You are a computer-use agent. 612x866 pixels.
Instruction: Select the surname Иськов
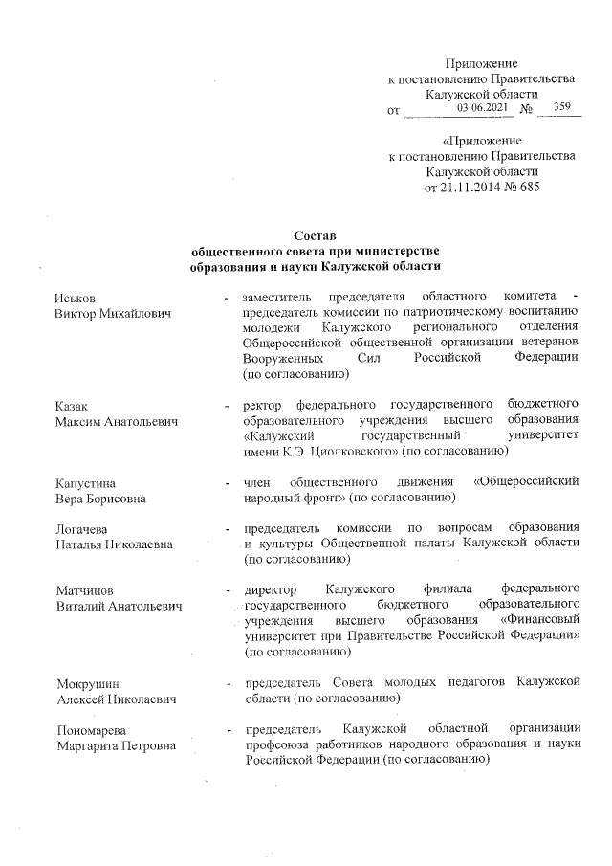click(x=76, y=299)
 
